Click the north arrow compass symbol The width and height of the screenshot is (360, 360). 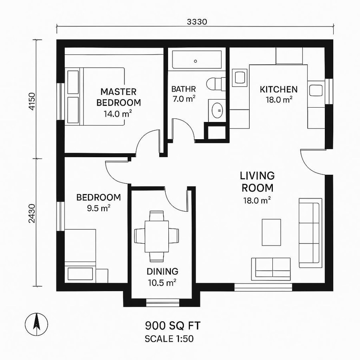pos(36,323)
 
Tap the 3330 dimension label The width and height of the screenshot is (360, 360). pos(197,22)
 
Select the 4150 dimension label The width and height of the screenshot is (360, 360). pos(32,103)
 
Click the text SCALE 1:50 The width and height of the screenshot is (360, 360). pos(169,339)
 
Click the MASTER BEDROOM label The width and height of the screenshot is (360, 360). pos(118,97)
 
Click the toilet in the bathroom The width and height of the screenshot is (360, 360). pos(215,84)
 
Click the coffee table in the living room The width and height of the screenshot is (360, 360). pos(271,232)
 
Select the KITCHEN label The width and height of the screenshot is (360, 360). pos(279,89)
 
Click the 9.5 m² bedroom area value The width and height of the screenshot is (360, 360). pos(98,208)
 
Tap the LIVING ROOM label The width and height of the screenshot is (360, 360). pos(257,182)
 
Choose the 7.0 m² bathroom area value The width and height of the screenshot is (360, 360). pos(184,99)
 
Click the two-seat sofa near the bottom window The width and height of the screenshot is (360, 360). pos(270,267)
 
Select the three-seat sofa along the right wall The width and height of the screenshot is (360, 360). pos(310,233)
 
